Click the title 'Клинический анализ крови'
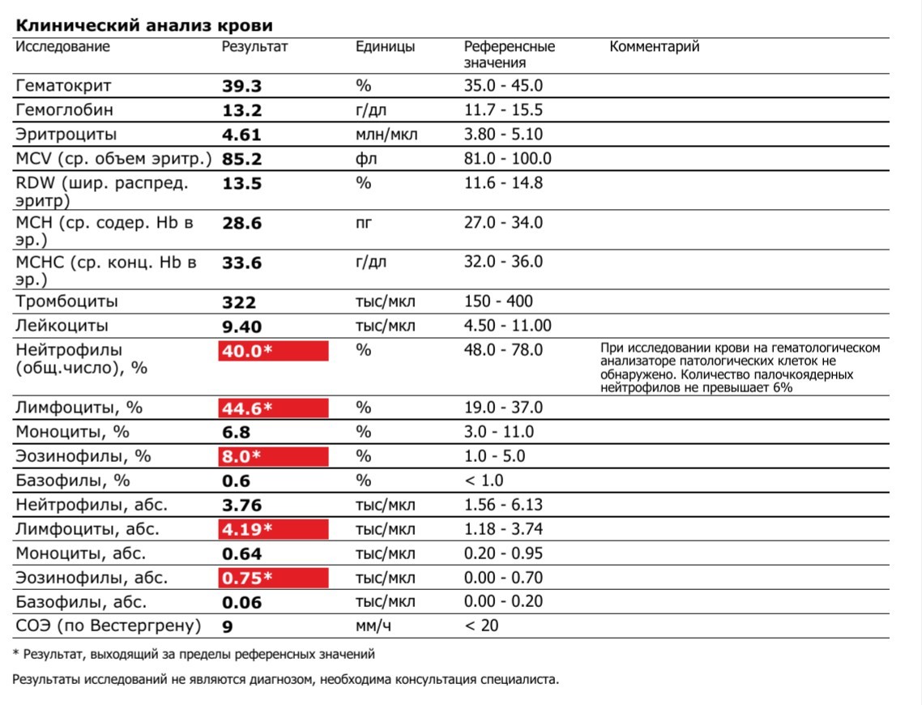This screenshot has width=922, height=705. click(143, 25)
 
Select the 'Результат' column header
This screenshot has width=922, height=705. click(254, 47)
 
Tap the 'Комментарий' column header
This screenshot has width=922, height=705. click(654, 47)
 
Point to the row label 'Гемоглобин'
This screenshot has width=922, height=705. click(65, 110)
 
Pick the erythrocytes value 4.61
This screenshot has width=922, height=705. click(242, 135)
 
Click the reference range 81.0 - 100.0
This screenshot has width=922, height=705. click(507, 159)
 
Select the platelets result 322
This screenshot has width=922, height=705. click(239, 303)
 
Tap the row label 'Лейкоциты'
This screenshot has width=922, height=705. click(62, 327)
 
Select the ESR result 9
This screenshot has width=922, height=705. click(227, 626)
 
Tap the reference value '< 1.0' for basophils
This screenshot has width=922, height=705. click(484, 481)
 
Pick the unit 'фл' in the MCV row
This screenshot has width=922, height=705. click(364, 159)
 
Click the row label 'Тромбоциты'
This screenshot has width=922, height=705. click(67, 302)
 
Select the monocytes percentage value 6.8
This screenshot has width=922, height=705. click(237, 433)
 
